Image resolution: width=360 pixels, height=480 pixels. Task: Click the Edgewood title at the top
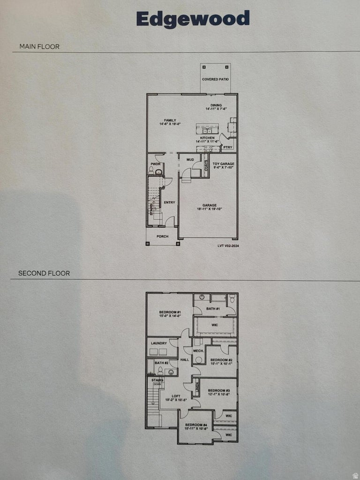point(193,19)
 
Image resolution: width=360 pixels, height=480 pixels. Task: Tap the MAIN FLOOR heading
point(39,46)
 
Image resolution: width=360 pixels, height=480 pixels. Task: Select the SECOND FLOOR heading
point(44,273)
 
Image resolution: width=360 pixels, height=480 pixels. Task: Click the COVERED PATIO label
point(216,79)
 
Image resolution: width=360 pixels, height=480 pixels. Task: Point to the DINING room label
point(216,105)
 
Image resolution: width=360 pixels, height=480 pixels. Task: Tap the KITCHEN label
point(207,138)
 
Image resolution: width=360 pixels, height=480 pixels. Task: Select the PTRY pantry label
point(228,147)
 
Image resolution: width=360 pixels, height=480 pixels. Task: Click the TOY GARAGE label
point(223,164)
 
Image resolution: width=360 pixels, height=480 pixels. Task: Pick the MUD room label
point(190,159)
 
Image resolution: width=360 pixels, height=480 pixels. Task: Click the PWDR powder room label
point(156,164)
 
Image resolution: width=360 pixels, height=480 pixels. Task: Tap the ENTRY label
point(169,202)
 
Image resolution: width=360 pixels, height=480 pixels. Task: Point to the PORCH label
point(162,236)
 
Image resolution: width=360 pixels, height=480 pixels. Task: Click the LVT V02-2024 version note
point(228,245)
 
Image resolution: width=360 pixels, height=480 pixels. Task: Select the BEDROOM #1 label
point(170,312)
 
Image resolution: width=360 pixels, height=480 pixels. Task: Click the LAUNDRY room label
point(159,343)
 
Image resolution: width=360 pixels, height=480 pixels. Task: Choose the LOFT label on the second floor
point(176,396)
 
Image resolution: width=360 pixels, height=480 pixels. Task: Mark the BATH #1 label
point(213,308)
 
